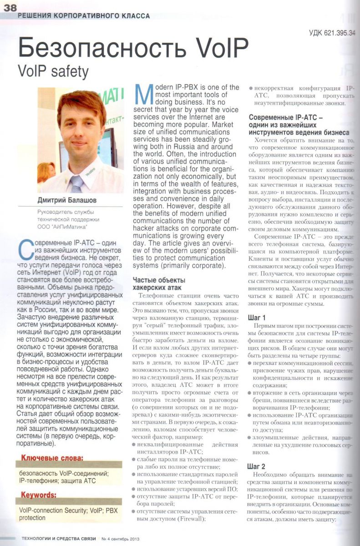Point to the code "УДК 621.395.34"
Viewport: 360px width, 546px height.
332,32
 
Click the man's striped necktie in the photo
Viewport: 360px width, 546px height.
76,182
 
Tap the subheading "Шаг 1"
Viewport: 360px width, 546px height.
258,317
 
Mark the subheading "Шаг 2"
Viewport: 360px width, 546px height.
258,466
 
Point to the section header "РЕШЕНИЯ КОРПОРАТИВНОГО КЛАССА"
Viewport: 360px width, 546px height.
83,15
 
